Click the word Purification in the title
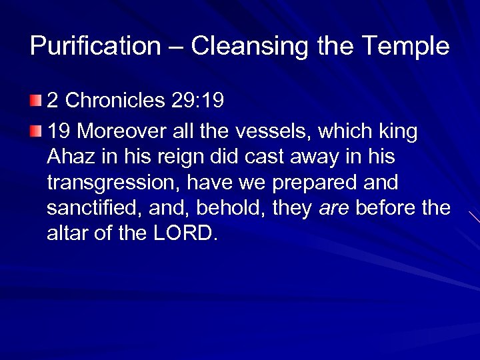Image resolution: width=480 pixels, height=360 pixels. tap(95, 47)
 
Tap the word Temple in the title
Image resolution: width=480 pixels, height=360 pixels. tap(406, 47)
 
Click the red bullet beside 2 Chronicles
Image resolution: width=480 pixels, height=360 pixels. tap(35, 101)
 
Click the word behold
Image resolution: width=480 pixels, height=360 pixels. tap(229, 208)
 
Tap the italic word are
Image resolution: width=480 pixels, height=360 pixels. tap(334, 209)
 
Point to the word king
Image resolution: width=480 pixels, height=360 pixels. tap(395, 133)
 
